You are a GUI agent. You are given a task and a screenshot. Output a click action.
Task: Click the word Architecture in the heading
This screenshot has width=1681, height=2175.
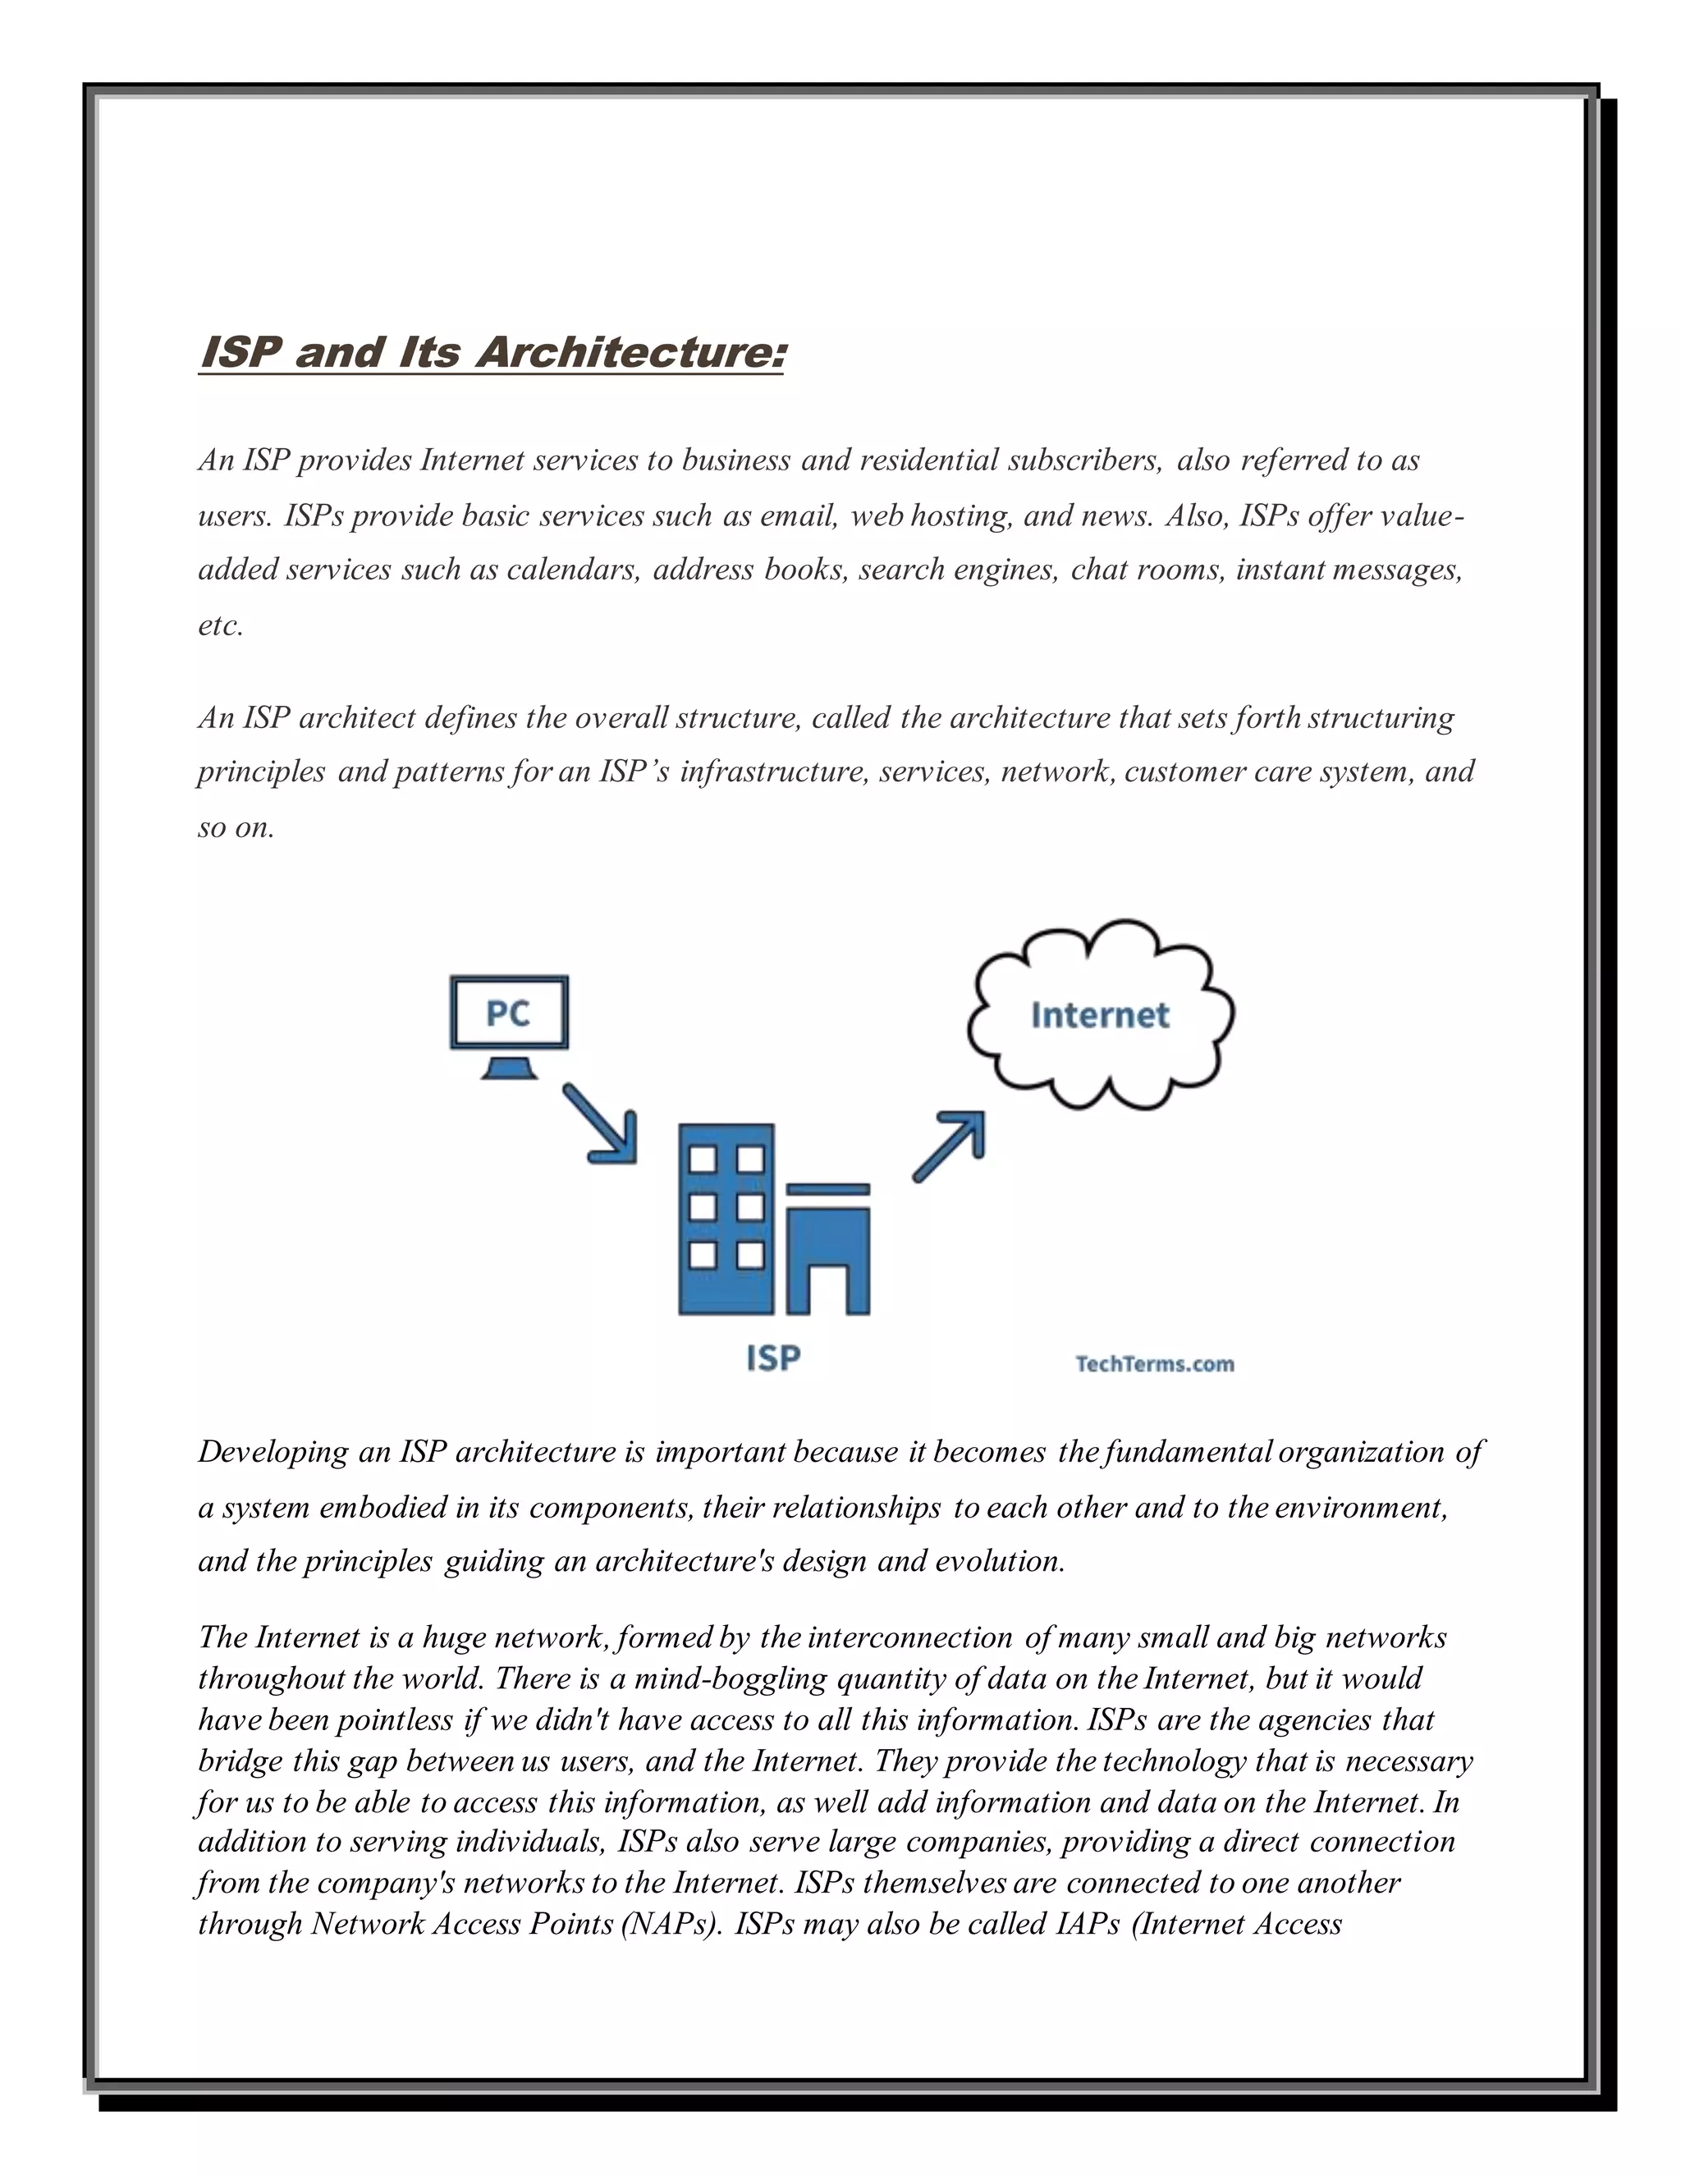click(x=630, y=353)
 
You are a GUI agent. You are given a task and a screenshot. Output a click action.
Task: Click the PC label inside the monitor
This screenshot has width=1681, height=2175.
click(x=508, y=1014)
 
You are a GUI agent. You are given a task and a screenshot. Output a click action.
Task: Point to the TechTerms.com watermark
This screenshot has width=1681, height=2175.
click(x=1154, y=1364)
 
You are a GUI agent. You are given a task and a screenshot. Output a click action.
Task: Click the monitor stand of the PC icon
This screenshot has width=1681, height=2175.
click(x=510, y=1069)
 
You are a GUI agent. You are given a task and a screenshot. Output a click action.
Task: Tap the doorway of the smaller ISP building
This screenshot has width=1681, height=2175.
click(x=828, y=1289)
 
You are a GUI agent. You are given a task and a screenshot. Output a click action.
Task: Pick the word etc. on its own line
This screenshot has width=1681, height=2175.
click(x=220, y=625)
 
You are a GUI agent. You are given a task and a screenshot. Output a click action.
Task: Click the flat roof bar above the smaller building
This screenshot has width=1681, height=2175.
click(x=828, y=1189)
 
